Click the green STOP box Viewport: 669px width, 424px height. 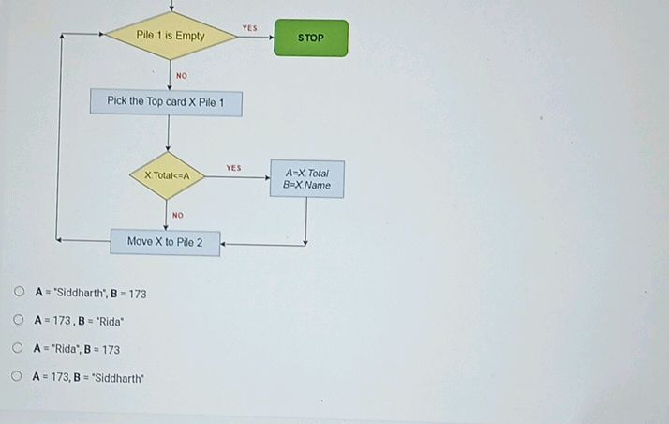pyautogui.click(x=310, y=38)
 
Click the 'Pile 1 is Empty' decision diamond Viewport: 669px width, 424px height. pyautogui.click(x=170, y=36)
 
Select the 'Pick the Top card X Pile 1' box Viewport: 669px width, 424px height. pyautogui.click(x=166, y=101)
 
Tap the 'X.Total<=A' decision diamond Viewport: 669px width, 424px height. pyautogui.click(x=168, y=175)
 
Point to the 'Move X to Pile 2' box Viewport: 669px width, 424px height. pyautogui.click(x=165, y=242)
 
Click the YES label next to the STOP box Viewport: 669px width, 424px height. pyautogui.click(x=249, y=28)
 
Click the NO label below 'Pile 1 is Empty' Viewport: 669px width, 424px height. pyautogui.click(x=182, y=75)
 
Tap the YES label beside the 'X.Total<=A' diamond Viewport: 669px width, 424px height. pyautogui.click(x=233, y=168)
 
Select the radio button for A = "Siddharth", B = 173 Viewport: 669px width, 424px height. pyautogui.click(x=19, y=293)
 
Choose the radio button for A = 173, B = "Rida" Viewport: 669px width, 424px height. pyautogui.click(x=19, y=321)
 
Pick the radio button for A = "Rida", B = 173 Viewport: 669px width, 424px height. pyautogui.click(x=19, y=349)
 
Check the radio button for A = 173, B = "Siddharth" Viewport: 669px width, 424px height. pyautogui.click(x=18, y=377)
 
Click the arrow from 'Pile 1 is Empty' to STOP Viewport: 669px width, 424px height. pyautogui.click(x=253, y=38)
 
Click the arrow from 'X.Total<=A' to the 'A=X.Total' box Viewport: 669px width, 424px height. pyautogui.click(x=239, y=176)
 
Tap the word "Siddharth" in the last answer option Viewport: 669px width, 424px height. pyautogui.click(x=116, y=378)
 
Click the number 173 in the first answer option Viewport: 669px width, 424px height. pyautogui.click(x=137, y=294)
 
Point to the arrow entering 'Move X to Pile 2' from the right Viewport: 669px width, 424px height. pyautogui.click(x=262, y=244)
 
